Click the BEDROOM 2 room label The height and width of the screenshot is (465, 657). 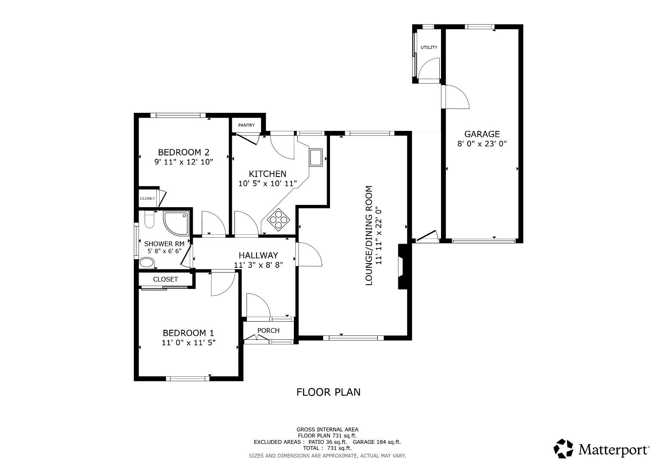click(184, 152)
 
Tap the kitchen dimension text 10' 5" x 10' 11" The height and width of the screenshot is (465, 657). click(268, 183)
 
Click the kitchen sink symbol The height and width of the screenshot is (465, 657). click(316, 158)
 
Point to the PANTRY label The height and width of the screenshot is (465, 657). click(247, 125)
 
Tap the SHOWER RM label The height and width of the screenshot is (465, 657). click(164, 244)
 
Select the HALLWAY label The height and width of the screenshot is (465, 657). click(258, 255)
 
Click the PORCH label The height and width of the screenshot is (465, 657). click(268, 331)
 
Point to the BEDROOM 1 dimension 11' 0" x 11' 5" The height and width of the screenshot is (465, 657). click(188, 343)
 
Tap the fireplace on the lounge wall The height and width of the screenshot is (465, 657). click(402, 267)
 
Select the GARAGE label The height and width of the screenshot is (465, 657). click(482, 134)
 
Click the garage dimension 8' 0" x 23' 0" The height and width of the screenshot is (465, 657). click(482, 144)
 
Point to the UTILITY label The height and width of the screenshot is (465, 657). click(429, 47)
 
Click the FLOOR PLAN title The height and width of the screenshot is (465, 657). click(328, 392)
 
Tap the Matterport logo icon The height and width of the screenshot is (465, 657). click(563, 449)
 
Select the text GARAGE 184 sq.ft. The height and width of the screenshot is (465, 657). click(376, 442)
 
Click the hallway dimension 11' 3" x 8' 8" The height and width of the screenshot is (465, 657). click(258, 265)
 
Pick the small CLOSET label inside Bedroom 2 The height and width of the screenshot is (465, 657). click(147, 198)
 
